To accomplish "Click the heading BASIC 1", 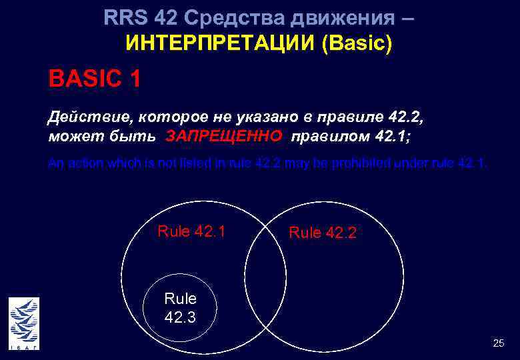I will [94, 79].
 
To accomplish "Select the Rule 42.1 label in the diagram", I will [191, 232].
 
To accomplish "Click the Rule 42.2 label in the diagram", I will [323, 233].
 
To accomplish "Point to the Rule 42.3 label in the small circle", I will [180, 308].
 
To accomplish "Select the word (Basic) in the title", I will [357, 44].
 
